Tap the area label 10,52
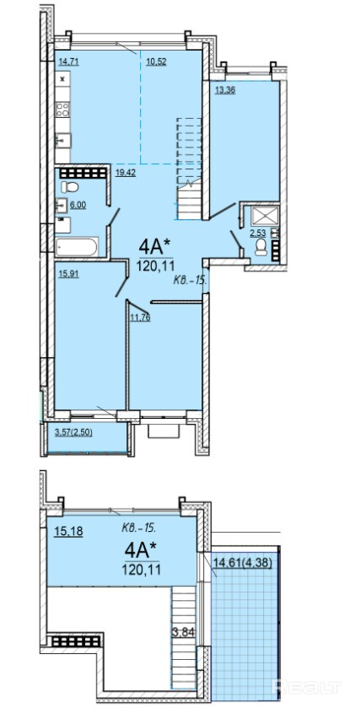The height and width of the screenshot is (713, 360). (x=156, y=62)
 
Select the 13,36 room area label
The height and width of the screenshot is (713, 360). (x=225, y=89)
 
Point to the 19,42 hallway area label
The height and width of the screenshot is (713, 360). (x=126, y=172)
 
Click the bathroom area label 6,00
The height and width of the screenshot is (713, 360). (x=78, y=205)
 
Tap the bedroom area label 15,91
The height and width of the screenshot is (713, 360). (x=69, y=275)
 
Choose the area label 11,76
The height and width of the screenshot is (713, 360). (x=140, y=317)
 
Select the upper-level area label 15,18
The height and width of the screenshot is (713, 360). (x=68, y=532)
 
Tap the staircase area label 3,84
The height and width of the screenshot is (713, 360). (x=184, y=630)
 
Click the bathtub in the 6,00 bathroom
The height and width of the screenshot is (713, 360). (x=77, y=248)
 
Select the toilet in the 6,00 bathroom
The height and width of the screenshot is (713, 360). (x=70, y=186)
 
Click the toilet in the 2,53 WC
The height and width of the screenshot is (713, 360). (x=261, y=248)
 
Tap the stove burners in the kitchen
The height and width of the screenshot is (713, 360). (x=62, y=109)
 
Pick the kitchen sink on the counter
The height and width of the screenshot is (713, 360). (x=62, y=141)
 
